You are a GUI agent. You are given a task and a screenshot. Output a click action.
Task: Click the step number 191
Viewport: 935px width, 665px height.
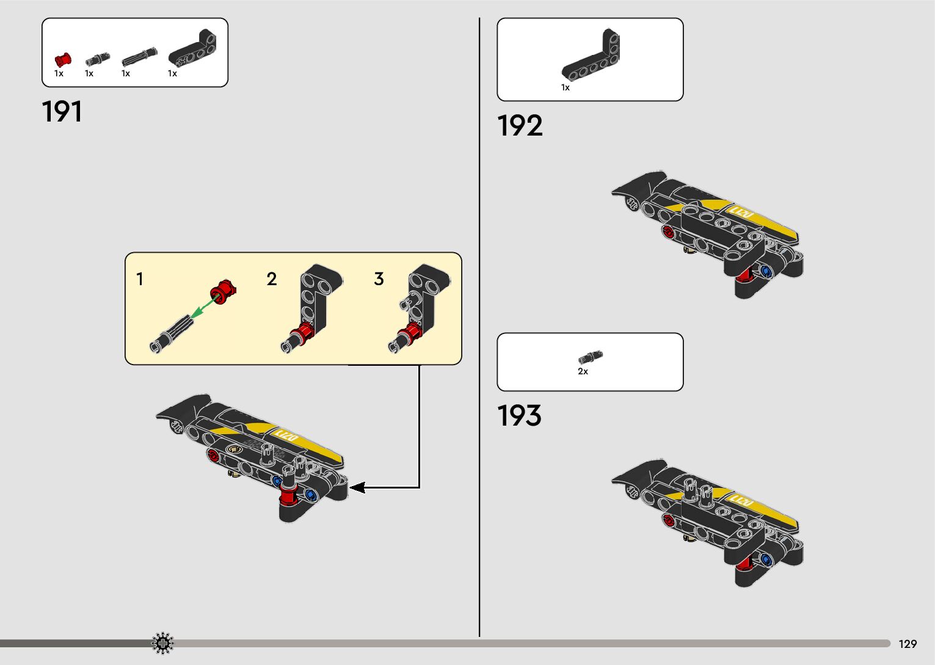62,112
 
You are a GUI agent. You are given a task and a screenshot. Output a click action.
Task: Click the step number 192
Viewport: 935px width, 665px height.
520,126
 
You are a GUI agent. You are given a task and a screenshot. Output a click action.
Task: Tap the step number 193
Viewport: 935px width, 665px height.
519,416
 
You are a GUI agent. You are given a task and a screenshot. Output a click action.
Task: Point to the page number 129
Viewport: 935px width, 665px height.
908,644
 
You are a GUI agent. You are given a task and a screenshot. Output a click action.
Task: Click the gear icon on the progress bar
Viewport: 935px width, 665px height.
162,643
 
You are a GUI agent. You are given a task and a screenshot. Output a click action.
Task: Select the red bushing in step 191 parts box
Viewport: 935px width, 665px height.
62,59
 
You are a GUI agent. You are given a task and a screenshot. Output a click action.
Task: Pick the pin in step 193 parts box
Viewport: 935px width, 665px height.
590,357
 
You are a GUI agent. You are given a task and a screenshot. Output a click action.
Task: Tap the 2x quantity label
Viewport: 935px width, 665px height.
583,371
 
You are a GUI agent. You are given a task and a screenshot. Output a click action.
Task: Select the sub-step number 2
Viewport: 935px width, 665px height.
272,279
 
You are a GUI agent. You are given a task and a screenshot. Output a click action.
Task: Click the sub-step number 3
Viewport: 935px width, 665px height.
379,279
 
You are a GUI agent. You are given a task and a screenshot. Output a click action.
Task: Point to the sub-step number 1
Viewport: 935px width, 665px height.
140,279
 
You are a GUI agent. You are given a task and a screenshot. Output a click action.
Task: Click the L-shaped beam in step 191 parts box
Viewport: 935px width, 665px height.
192,49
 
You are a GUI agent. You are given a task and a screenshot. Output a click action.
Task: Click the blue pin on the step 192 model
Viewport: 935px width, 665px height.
766,271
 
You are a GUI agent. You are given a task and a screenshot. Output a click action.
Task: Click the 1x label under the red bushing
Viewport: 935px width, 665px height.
59,73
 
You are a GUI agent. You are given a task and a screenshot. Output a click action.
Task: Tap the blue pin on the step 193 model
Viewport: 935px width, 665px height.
766,559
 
